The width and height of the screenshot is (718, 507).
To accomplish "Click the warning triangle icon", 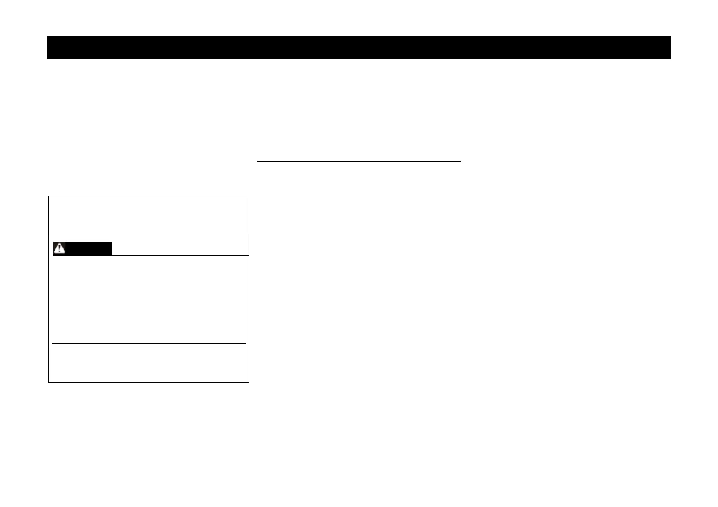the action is pyautogui.click(x=59, y=248).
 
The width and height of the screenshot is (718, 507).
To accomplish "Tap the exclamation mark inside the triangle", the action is pyautogui.click(x=59, y=249).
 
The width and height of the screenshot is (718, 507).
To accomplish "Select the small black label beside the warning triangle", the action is pyautogui.click(x=89, y=248).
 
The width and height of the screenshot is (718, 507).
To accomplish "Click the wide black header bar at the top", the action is pyautogui.click(x=358, y=48).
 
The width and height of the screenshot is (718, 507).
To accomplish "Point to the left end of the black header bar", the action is pyautogui.click(x=48, y=48).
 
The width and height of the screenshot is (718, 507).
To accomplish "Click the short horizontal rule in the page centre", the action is pyautogui.click(x=359, y=161).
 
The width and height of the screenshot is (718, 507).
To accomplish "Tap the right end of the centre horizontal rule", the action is pyautogui.click(x=460, y=161).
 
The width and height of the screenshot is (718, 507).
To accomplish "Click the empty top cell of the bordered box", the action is pyautogui.click(x=148, y=216).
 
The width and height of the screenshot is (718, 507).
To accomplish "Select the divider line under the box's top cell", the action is pyautogui.click(x=148, y=235).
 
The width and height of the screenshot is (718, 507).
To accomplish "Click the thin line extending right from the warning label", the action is pyautogui.click(x=179, y=255).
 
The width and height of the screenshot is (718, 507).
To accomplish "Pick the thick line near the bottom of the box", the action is pyautogui.click(x=148, y=343).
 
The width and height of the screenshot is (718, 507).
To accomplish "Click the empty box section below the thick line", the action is pyautogui.click(x=148, y=363).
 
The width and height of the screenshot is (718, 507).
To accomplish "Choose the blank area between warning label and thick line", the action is pyautogui.click(x=148, y=299).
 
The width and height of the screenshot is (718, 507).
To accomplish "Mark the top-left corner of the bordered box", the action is pyautogui.click(x=49, y=196).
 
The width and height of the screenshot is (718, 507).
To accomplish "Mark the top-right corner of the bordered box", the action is pyautogui.click(x=249, y=196).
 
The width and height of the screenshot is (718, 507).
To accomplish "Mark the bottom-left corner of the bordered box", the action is pyautogui.click(x=49, y=382).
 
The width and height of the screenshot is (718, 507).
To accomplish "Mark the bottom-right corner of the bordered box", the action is pyautogui.click(x=249, y=382).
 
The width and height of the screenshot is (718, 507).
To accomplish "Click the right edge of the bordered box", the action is pyautogui.click(x=249, y=290).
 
